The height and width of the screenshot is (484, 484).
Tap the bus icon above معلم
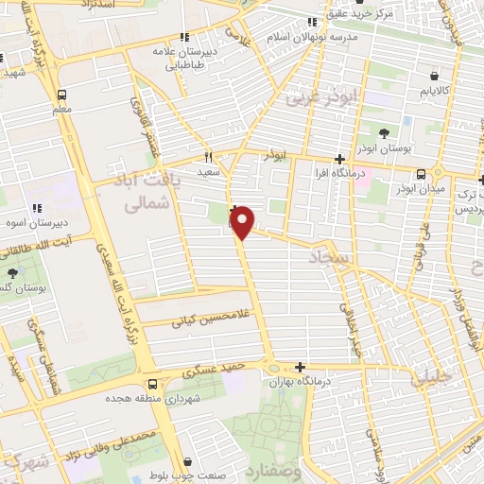pyautogui.click(x=62, y=95)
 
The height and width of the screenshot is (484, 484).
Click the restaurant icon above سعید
pyautogui.click(x=209, y=158)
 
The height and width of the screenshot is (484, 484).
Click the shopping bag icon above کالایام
pyautogui.click(x=433, y=76)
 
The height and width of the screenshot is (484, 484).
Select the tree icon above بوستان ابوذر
pyautogui.click(x=384, y=133)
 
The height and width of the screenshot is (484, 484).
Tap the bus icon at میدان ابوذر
pyautogui.click(x=421, y=173)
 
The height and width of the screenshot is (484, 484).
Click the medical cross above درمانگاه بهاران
pyautogui.click(x=301, y=367)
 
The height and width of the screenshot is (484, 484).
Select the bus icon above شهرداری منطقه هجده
pyautogui.click(x=153, y=384)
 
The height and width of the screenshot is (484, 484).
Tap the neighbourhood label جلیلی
pyautogui.click(x=433, y=376)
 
